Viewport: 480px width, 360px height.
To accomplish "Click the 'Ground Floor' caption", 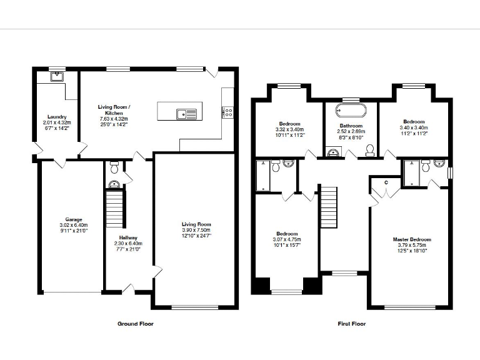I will [x=135, y=324].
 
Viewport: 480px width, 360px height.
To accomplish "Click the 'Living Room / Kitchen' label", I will [x=113, y=110].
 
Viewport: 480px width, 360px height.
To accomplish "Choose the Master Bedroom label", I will [x=412, y=239].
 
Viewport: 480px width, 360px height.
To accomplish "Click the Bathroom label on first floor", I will [x=350, y=126].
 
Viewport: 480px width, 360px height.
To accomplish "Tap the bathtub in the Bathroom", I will [x=350, y=111].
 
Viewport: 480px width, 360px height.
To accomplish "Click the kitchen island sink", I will [x=186, y=113].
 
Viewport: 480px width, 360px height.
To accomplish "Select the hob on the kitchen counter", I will [x=228, y=112].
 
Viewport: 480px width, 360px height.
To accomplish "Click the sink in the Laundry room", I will [x=57, y=77].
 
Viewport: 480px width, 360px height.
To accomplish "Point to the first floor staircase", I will [x=329, y=207].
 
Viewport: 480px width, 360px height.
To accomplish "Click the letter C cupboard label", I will [x=387, y=182].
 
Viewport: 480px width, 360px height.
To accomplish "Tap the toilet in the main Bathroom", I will [x=369, y=149].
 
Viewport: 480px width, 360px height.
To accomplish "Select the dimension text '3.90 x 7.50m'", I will [x=196, y=230].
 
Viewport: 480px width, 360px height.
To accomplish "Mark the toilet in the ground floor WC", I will [x=114, y=167].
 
